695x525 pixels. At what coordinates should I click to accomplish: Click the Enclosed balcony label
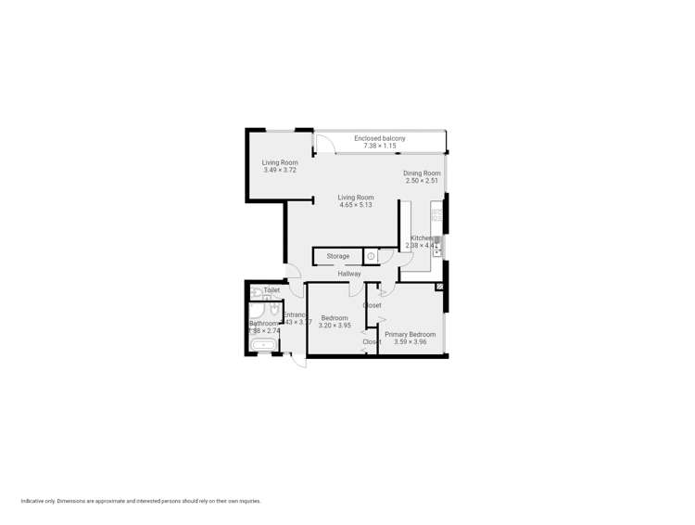pos(379,138)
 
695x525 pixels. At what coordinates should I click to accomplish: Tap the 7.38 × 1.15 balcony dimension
pos(379,146)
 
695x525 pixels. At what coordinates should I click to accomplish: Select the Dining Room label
pos(422,173)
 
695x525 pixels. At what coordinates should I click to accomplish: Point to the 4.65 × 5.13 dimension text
pos(356,205)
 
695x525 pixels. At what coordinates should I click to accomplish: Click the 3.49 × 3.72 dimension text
pos(280,170)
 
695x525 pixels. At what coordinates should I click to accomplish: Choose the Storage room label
pos(338,256)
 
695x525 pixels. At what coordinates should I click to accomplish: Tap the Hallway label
pos(349,274)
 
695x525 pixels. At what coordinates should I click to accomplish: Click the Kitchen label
pos(422,238)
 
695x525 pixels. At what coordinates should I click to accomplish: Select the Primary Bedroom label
pos(410,334)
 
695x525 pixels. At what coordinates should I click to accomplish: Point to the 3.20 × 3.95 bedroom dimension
pos(335,326)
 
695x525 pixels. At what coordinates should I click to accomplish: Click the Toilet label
pos(272,290)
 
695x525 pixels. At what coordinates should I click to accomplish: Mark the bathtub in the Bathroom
pos(264,345)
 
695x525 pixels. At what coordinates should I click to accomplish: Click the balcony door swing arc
pos(324,145)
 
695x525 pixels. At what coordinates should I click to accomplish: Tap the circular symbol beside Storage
pos(371,256)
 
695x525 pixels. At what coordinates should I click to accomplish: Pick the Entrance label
pos(295,315)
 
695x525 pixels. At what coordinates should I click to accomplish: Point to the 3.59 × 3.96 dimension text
pos(410,341)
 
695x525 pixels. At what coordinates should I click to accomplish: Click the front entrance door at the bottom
pos(298,359)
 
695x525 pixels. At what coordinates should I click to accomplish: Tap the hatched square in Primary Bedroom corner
pos(440,288)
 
